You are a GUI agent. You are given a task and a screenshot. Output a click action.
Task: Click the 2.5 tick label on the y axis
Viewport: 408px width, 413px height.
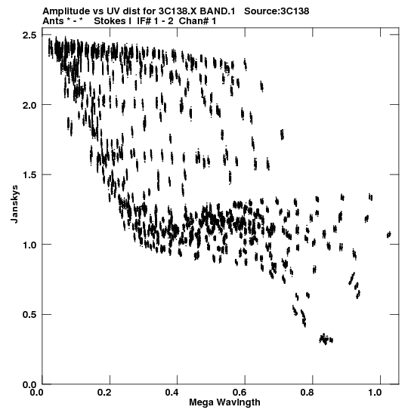tap(29, 35)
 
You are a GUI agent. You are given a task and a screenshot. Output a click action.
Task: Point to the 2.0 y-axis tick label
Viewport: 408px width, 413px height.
tap(29, 105)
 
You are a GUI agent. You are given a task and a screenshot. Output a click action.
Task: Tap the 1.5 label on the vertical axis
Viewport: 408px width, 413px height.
tap(29, 174)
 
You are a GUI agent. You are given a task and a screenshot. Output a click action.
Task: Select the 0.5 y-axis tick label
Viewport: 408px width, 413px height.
tap(29, 315)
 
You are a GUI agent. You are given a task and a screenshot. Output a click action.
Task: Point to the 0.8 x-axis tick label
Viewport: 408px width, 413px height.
tap(308, 393)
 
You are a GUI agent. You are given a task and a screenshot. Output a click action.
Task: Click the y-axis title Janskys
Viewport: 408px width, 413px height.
tap(15, 204)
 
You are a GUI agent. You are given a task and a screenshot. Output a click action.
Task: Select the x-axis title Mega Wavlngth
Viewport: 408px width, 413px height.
tap(224, 402)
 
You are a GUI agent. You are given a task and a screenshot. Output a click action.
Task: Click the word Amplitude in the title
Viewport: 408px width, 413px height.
tap(66, 11)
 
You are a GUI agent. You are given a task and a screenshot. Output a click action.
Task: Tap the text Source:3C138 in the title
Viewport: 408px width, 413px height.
tap(277, 11)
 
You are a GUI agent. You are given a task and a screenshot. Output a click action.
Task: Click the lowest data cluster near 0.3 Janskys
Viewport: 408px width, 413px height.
tap(326, 339)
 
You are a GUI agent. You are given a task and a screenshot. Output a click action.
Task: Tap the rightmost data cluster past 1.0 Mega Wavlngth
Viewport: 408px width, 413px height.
tap(388, 234)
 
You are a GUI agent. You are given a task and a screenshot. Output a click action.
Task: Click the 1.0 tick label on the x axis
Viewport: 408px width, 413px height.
tap(375, 393)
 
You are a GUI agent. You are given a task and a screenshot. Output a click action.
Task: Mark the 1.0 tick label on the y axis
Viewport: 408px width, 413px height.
tap(29, 245)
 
